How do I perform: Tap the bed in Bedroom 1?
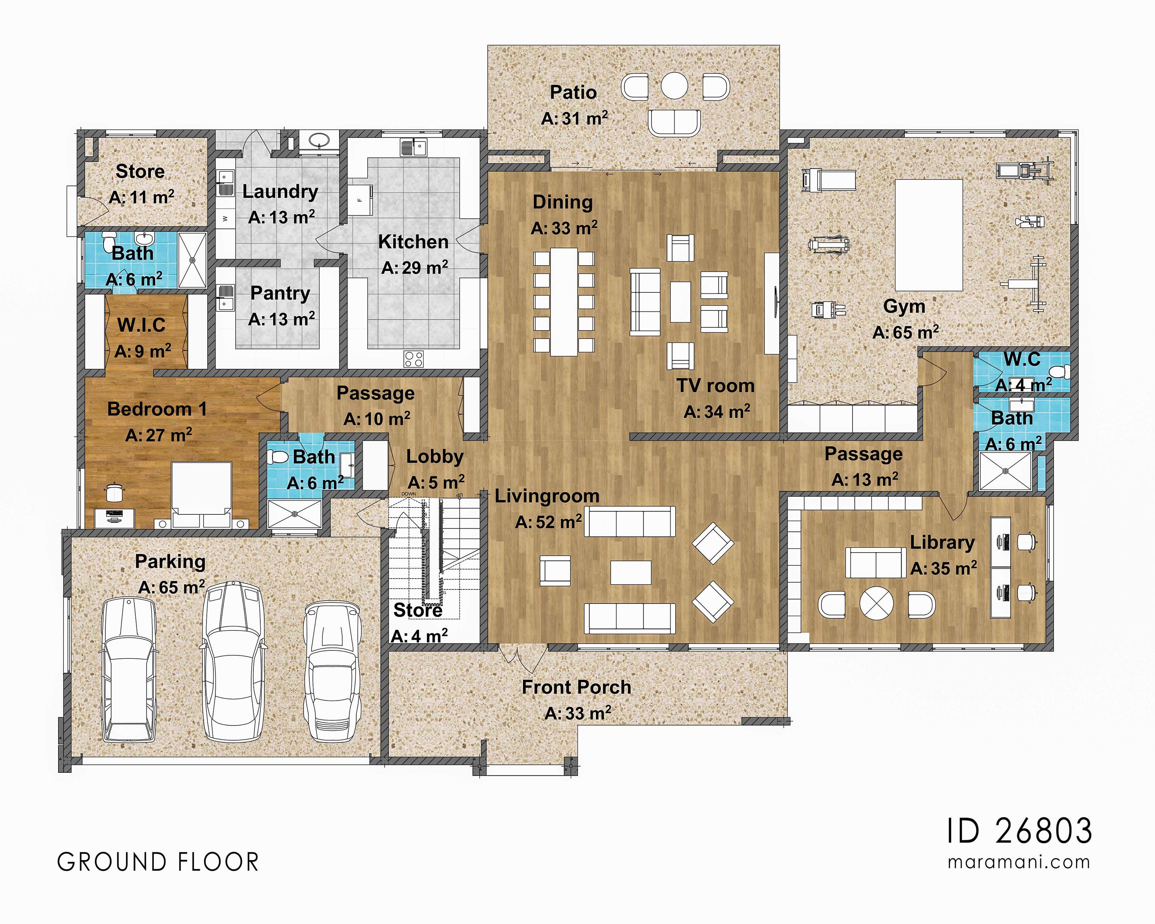click(x=201, y=493)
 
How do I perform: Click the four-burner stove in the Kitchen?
click(x=414, y=359)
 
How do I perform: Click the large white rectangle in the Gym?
click(x=928, y=235)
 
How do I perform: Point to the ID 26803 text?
click(x=1019, y=831)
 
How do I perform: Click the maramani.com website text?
click(x=1019, y=862)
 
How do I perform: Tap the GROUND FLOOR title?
click(x=158, y=862)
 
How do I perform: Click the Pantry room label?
click(x=280, y=293)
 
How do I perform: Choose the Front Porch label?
click(x=576, y=687)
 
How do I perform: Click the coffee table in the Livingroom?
click(x=631, y=572)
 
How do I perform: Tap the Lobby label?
click(x=435, y=456)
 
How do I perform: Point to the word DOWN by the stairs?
click(x=409, y=494)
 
